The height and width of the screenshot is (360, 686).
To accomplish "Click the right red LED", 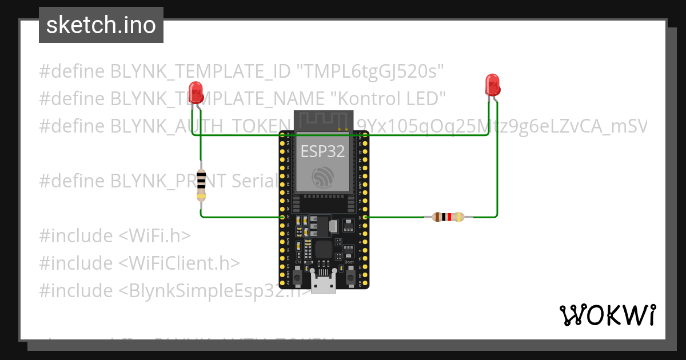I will (x=492, y=85).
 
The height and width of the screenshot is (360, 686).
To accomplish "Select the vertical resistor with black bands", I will (x=201, y=185).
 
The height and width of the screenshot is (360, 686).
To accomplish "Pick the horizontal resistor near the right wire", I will (x=448, y=217).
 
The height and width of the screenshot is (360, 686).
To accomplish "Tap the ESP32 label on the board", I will (x=323, y=151).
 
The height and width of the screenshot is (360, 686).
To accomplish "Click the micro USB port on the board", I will (x=324, y=285).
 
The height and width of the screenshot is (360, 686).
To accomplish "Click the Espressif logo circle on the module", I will (x=323, y=177).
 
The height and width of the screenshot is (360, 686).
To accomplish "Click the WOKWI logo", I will (x=607, y=315).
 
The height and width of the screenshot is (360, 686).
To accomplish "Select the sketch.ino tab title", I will (x=101, y=25).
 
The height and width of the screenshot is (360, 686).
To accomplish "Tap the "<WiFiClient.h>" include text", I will (x=180, y=263).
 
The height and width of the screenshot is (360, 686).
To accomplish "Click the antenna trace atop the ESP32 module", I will (x=324, y=121).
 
